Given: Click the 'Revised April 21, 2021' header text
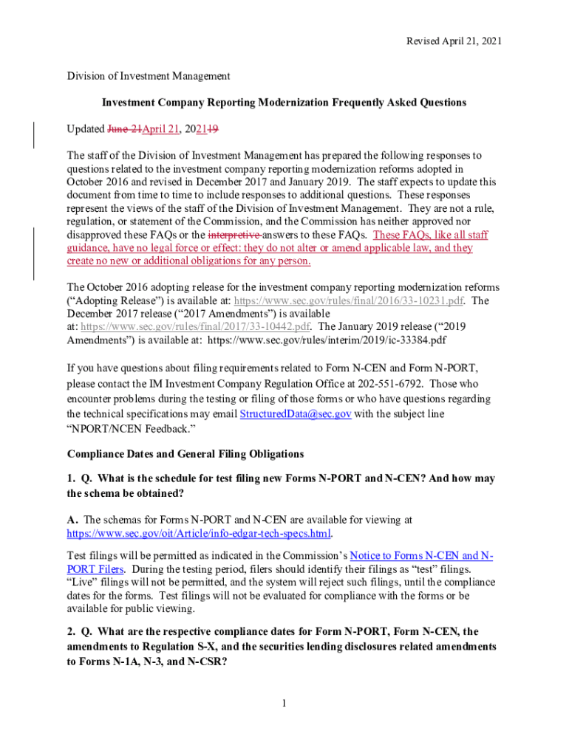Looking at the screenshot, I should coord(454,41).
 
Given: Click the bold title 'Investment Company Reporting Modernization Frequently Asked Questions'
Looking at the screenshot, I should coord(284,102).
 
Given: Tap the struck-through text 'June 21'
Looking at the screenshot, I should coord(124,128).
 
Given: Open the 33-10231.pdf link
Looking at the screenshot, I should coord(349,300).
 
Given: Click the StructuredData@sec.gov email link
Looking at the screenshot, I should coord(295,414).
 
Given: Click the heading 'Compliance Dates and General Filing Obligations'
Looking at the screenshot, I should coord(185,453).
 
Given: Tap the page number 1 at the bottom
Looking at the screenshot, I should coord(284,702).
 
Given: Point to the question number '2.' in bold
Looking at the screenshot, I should coord(72,631).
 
